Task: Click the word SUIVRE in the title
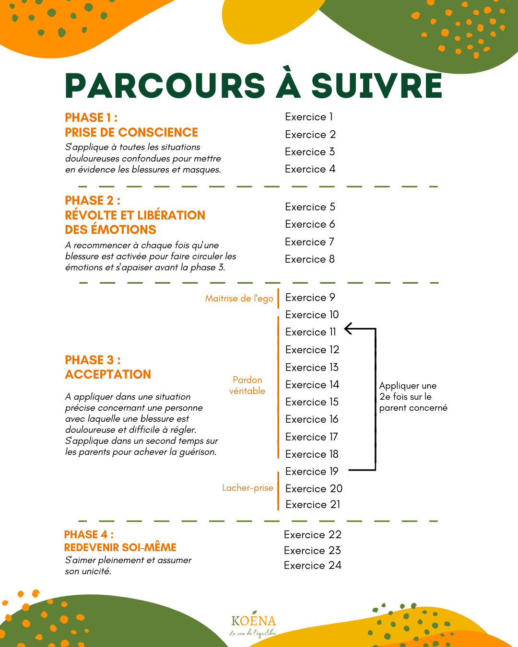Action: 377,86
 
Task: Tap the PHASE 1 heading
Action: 91,118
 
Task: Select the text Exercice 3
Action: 310,152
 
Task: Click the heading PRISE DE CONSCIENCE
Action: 131,132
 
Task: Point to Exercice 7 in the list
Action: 309,242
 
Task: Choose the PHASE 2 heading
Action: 93,200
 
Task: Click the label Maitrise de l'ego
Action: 239,299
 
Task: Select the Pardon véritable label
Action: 247,385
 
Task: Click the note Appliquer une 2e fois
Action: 412,397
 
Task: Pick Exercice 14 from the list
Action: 312,385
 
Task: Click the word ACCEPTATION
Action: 108,374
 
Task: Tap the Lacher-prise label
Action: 247,488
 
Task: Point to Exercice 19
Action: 312,472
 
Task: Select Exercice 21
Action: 313,505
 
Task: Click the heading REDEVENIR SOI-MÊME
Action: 120,547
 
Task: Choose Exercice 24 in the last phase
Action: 312,566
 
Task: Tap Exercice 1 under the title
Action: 308,117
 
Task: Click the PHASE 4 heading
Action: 89,534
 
